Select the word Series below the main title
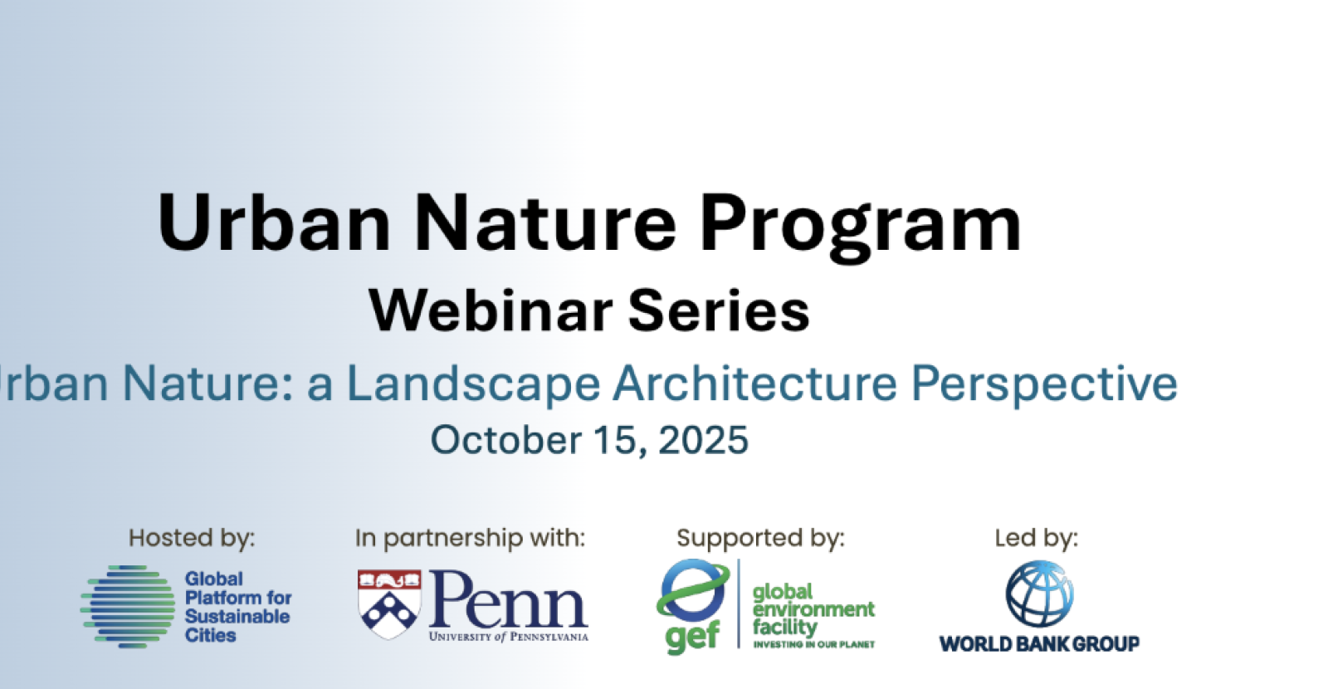coord(719,310)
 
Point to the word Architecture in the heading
coord(754,384)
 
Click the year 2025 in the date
coord(704,440)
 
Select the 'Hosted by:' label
coord(192,539)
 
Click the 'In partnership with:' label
coord(470,539)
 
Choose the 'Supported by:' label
coord(760,539)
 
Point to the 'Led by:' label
coord(1037,539)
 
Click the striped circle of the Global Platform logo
coord(128,606)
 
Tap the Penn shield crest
coord(389,604)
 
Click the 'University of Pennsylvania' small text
coord(509,637)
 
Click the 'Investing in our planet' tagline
coord(814,644)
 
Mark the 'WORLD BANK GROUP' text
coord(1039,643)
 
